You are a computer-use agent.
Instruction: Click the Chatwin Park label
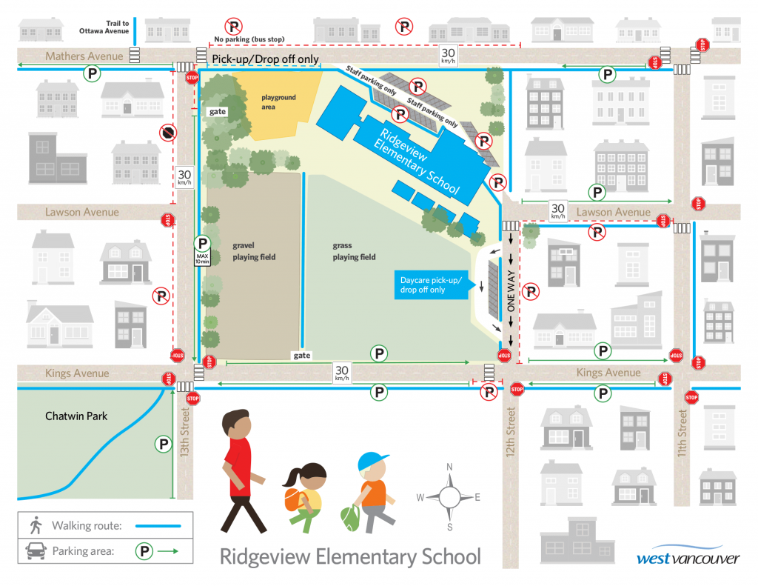pyautogui.click(x=76, y=416)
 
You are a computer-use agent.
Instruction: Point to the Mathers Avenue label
pyautogui.click(x=84, y=56)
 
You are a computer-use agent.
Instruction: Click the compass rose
pyautogui.click(x=449, y=496)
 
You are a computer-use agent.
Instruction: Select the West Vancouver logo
pyautogui.click(x=688, y=557)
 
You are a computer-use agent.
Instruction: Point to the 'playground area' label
pyautogui.click(x=278, y=102)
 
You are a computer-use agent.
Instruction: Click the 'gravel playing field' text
pyautogui.click(x=253, y=251)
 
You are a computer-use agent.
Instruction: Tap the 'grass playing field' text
pyautogui.click(x=354, y=251)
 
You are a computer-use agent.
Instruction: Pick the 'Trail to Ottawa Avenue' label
pyautogui.click(x=104, y=28)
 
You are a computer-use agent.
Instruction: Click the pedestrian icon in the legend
pyautogui.click(x=34, y=526)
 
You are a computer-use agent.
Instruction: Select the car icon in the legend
pyautogui.click(x=34, y=551)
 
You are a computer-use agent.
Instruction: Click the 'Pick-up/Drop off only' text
pyautogui.click(x=265, y=59)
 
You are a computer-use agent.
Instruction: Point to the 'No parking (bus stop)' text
pyautogui.click(x=249, y=39)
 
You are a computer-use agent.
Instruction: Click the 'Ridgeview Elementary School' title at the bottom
pyautogui.click(x=350, y=557)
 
